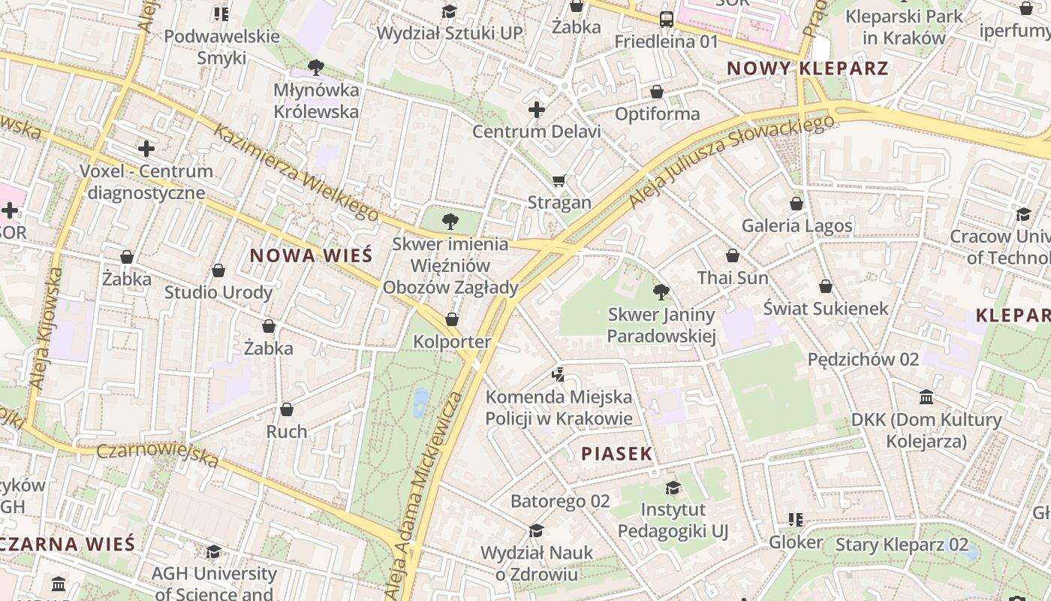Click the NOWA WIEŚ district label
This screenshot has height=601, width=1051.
tap(311, 255)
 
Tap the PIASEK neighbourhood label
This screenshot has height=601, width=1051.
tap(617, 454)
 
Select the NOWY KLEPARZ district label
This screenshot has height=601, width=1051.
tap(808, 69)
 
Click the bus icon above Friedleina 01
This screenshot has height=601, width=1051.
tap(667, 20)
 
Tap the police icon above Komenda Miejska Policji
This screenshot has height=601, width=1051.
tap(558, 374)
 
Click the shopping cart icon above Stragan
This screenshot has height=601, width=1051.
tap(559, 180)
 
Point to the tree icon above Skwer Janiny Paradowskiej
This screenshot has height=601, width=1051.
tap(661, 291)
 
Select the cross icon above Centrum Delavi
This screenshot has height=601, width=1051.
tap(537, 110)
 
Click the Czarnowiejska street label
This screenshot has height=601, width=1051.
tap(158, 454)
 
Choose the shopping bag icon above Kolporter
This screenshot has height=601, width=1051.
tap(452, 319)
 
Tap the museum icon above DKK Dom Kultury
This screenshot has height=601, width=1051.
tap(926, 397)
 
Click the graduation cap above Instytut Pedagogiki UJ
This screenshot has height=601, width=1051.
tap(673, 488)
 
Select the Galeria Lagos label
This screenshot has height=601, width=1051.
tap(797, 225)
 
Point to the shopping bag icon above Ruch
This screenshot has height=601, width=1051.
tap(287, 409)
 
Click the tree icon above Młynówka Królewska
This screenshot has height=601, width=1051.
tap(316, 68)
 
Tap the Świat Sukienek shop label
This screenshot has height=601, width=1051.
tap(826, 308)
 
